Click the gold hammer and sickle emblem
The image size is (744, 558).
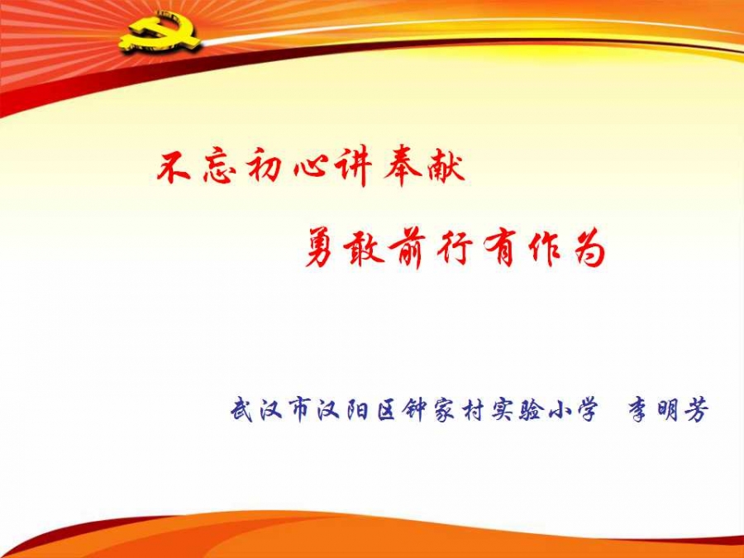160,33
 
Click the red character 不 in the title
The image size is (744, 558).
174,168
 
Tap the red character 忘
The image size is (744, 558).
219,168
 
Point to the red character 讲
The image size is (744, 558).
352,168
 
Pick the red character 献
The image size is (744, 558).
445,167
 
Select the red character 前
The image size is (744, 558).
407,249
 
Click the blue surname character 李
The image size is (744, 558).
640,410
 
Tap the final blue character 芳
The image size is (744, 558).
696,410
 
